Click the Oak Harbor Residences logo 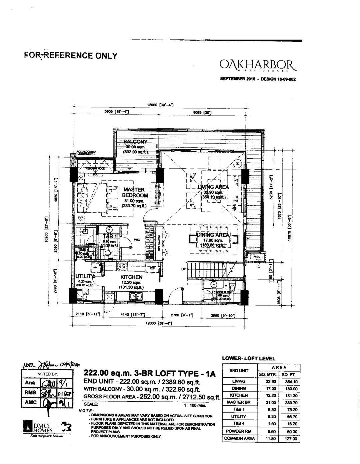258,64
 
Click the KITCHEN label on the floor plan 131,277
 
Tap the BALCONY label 135,142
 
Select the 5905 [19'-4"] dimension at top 115,112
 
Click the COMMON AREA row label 239,438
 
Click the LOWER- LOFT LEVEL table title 248,359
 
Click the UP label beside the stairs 183,269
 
